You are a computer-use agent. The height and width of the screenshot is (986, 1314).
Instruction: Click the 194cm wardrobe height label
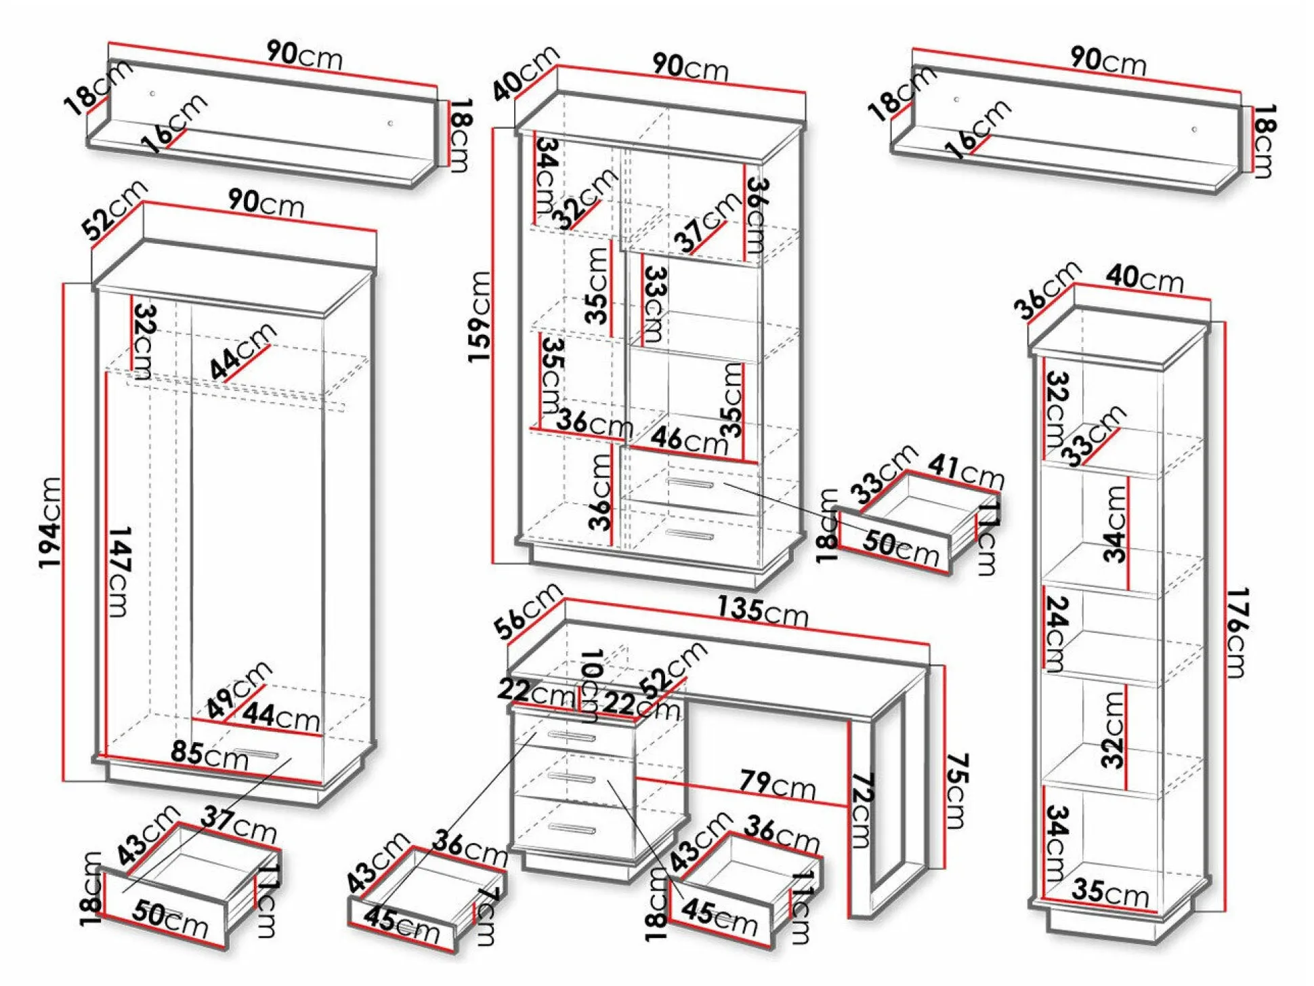[x=51, y=522]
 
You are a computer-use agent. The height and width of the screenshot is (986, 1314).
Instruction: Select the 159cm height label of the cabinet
[x=480, y=316]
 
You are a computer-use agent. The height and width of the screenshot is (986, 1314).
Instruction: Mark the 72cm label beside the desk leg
[x=862, y=810]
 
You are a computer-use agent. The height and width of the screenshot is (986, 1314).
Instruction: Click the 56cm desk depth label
[x=528, y=611]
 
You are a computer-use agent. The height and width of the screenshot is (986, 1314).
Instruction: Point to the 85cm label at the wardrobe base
[x=209, y=754]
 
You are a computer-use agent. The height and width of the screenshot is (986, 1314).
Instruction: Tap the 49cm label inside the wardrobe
[x=238, y=689]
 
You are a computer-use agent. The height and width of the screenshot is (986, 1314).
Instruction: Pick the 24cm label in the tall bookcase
[x=1057, y=633]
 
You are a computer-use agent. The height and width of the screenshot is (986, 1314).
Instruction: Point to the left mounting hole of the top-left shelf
[x=152, y=94]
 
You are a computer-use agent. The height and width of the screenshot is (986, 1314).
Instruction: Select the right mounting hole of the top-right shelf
[x=1194, y=129]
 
